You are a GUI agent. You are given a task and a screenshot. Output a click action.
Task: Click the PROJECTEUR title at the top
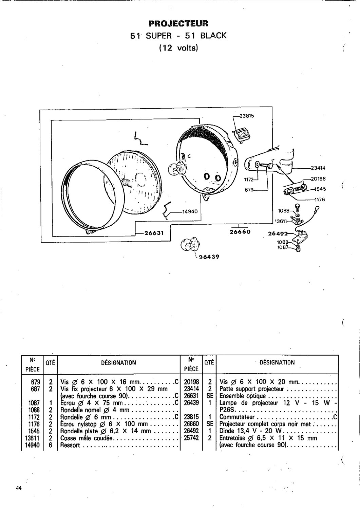[x=178, y=23]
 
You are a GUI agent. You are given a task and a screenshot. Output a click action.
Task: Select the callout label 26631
[x=154, y=233]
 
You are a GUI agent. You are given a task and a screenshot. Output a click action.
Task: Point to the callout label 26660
[x=240, y=232]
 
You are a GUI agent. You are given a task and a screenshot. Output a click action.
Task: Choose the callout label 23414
[x=318, y=168]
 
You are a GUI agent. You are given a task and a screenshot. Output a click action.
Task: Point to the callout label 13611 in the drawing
[x=281, y=221]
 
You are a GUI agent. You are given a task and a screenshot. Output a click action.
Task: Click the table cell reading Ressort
[x=70, y=445]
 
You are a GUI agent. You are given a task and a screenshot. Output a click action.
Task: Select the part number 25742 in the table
[x=191, y=438]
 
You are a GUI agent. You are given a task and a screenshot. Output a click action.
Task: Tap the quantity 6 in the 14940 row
[x=50, y=445]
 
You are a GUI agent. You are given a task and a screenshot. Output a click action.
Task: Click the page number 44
[x=18, y=488]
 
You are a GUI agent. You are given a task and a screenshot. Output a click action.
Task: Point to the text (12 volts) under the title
[x=178, y=48]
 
